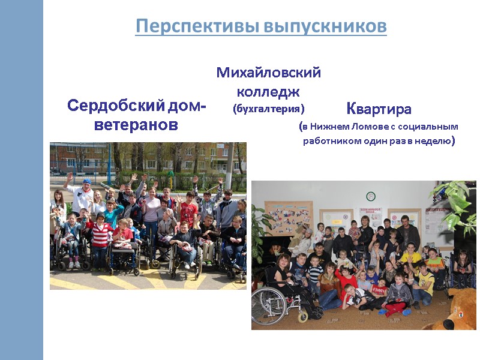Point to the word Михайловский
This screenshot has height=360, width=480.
pyautogui.click(x=268, y=73)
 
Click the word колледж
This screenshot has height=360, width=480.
pyautogui.click(x=268, y=92)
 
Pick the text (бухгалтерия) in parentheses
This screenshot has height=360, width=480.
pyautogui.click(x=268, y=109)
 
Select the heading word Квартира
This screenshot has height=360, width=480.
pyautogui.click(x=379, y=109)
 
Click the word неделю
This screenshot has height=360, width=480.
pyautogui.click(x=431, y=142)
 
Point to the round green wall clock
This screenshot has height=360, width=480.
pyautogui.click(x=370, y=196)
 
